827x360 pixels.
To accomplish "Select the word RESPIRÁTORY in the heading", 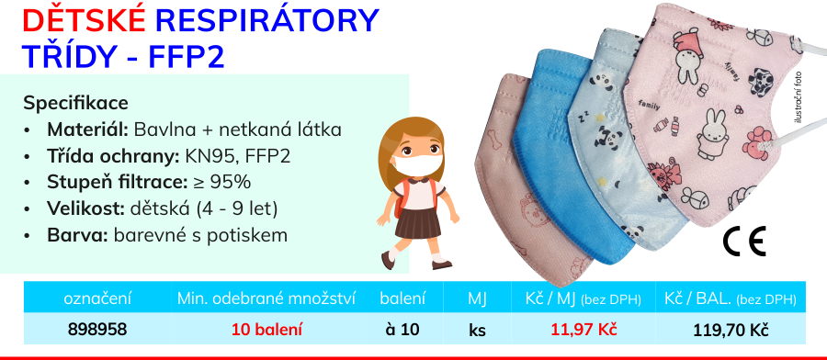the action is [266, 22].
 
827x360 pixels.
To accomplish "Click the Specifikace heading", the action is [75, 103].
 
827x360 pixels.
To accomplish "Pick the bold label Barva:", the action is [78, 235].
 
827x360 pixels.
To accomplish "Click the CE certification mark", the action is [743, 241].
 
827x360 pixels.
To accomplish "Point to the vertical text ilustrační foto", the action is [798, 97].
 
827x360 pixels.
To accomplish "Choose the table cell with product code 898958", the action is [97, 330].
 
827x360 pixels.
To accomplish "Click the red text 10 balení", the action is [266, 330].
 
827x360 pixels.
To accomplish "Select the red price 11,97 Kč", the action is [583, 330].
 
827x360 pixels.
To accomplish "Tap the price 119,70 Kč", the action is [731, 330].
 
